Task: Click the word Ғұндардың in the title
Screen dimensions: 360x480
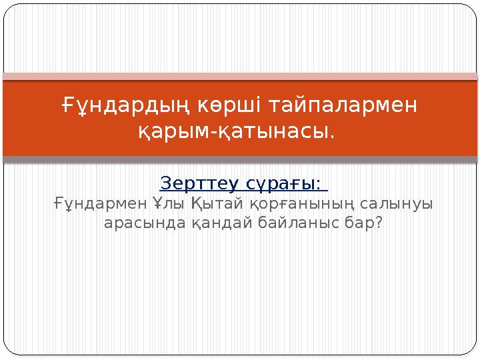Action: click(119, 105)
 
